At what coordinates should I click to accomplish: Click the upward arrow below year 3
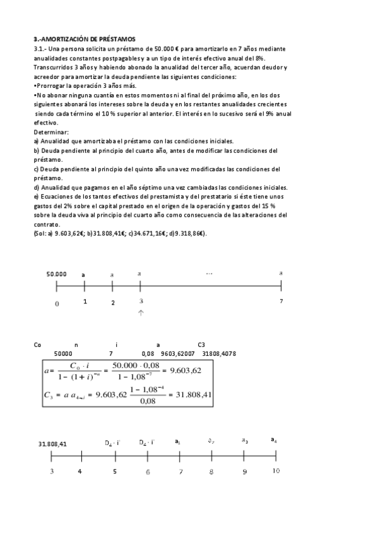click(141, 313)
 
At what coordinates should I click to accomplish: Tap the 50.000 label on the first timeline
click(56, 274)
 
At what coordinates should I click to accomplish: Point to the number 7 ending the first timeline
click(281, 301)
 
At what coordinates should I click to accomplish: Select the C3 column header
click(201, 344)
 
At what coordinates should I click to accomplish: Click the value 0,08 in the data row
click(148, 354)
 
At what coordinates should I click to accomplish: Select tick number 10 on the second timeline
click(276, 471)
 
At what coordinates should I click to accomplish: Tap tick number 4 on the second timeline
click(80, 471)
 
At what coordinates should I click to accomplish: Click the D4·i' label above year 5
click(113, 442)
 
